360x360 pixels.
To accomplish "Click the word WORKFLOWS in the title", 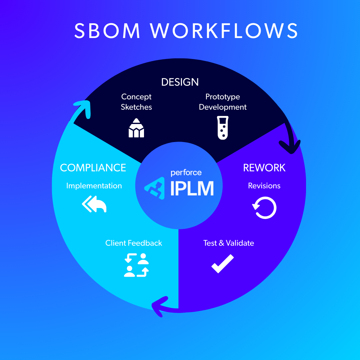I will click(x=224, y=31).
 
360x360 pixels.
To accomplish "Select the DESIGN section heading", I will click(x=180, y=82).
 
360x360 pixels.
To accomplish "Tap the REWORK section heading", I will click(x=264, y=168).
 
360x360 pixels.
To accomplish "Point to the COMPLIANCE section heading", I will click(x=93, y=168).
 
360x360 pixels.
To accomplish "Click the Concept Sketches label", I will click(x=136, y=102).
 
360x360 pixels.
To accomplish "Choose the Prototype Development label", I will click(x=223, y=102).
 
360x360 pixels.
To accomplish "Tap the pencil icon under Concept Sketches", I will click(x=136, y=128).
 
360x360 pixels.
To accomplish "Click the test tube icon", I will click(x=222, y=128).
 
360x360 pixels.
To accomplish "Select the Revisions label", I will click(x=264, y=186).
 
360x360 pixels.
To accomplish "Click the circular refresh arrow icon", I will click(x=265, y=208).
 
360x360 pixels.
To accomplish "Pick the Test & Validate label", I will click(x=229, y=243).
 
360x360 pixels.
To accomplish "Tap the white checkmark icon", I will click(x=223, y=263).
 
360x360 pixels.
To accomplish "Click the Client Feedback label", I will click(x=134, y=243).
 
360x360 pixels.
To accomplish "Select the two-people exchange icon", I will click(x=136, y=265).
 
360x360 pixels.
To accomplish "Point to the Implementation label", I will click(x=94, y=186).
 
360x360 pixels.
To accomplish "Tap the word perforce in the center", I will click(x=186, y=173).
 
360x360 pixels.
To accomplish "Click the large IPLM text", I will click(x=192, y=189).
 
